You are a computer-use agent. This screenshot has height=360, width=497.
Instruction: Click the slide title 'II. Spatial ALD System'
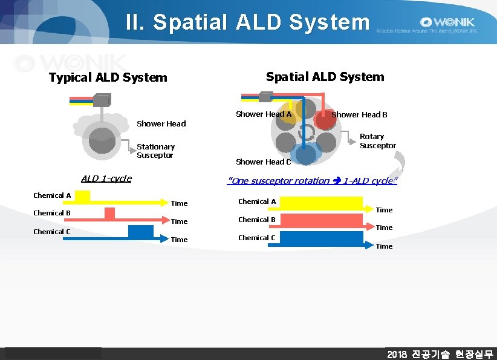(247, 22)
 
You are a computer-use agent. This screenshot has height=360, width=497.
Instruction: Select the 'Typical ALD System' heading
(108, 77)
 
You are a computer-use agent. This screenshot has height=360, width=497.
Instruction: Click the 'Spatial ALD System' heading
(325, 77)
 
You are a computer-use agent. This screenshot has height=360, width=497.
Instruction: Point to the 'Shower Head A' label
(264, 114)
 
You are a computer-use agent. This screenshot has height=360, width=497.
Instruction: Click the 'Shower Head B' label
(359, 114)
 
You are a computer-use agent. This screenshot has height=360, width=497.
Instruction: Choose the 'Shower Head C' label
(263, 162)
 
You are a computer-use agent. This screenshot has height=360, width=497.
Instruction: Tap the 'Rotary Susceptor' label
(377, 141)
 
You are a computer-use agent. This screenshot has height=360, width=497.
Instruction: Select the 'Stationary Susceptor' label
(155, 151)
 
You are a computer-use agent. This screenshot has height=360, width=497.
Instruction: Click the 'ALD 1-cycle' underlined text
(106, 178)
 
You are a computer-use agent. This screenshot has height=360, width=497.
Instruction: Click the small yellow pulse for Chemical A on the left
(82, 196)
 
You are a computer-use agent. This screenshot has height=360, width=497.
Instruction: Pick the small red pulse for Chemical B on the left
(109, 214)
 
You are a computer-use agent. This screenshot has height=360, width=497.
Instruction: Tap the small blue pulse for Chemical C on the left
(140, 232)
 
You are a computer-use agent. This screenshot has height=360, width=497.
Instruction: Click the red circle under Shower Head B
(325, 120)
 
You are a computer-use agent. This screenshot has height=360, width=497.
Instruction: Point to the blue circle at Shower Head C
(307, 154)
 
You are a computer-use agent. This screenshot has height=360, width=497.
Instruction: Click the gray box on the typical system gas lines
(102, 100)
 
